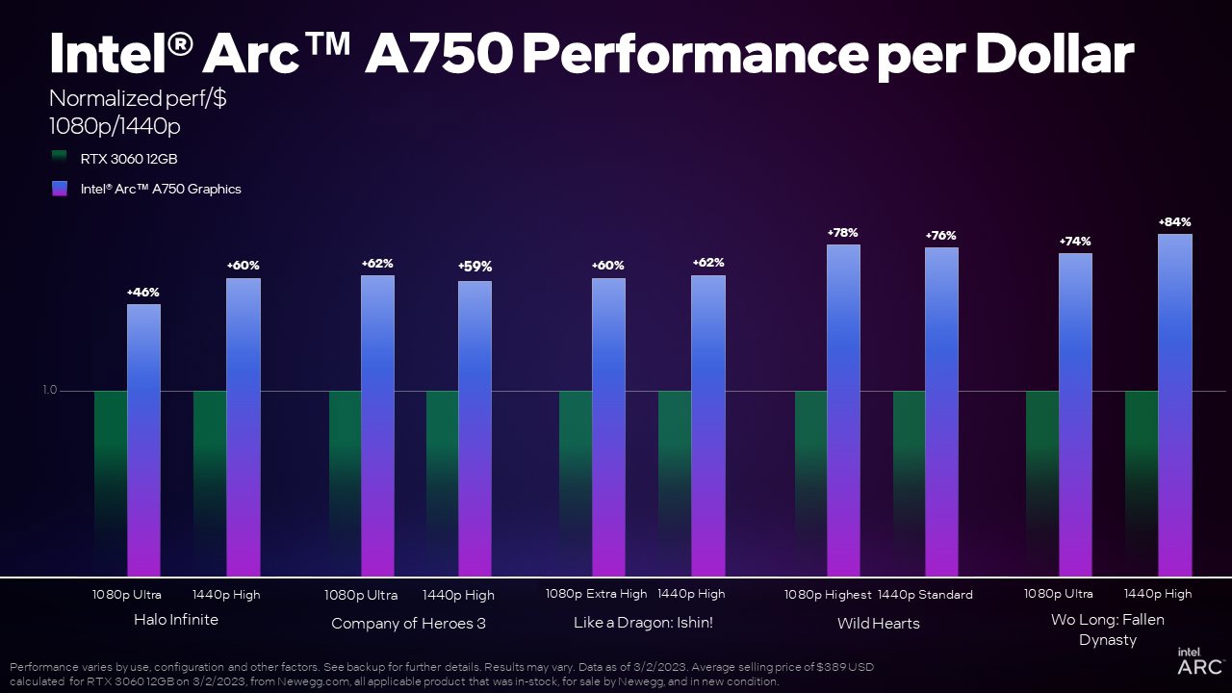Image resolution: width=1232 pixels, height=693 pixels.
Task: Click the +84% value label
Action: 1175,222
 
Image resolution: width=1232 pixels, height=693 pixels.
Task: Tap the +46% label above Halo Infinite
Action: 143,292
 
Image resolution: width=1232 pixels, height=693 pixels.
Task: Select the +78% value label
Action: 842,233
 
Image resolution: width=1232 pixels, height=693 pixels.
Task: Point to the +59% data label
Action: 475,267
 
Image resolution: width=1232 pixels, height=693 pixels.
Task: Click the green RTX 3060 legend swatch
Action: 60,157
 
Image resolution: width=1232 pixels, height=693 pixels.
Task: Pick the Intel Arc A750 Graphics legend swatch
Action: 60,189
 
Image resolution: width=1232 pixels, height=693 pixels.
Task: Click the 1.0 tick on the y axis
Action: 50,390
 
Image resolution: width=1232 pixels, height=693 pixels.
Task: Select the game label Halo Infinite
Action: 176,620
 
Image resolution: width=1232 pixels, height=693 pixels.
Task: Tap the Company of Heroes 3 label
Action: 408,624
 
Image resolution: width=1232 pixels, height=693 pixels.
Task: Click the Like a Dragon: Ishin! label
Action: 643,623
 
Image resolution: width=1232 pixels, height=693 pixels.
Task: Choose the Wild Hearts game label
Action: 878,624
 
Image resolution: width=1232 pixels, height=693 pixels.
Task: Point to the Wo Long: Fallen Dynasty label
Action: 1107,629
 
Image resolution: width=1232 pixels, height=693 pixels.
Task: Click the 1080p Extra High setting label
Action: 597,594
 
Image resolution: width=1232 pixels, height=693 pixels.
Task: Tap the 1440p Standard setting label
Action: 925,595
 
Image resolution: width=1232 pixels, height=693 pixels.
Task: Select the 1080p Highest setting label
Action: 827,595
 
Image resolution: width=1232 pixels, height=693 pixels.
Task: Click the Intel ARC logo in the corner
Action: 1199,661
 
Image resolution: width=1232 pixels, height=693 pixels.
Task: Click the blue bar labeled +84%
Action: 1175,404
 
